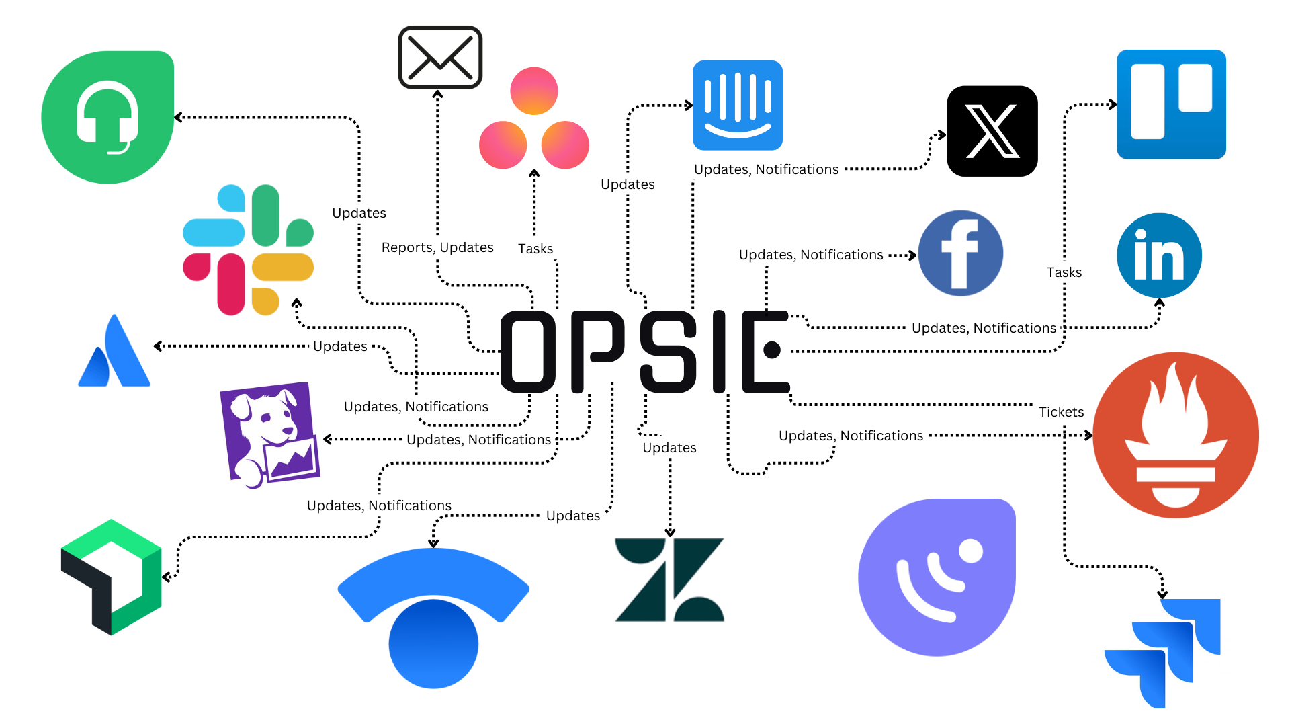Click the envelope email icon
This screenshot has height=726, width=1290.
(440, 57)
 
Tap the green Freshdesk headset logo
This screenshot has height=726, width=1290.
(107, 117)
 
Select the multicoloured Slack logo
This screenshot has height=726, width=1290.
(248, 249)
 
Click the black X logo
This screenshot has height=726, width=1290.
(992, 131)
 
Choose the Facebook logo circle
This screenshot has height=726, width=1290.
(960, 253)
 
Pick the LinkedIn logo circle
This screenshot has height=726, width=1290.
(1159, 255)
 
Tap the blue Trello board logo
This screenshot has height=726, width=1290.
(1171, 104)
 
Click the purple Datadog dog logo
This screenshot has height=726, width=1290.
(269, 434)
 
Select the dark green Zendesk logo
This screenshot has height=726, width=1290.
(669, 579)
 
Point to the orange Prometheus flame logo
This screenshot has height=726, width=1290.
(1175, 435)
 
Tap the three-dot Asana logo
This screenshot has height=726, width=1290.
(533, 120)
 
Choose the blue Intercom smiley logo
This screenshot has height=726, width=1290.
(738, 106)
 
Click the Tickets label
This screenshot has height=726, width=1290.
(1061, 412)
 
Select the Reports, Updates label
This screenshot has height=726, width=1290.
(437, 247)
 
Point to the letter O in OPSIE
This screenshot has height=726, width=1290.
(529, 351)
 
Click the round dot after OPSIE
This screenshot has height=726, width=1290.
(772, 350)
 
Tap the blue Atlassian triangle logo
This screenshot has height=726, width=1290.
(115, 353)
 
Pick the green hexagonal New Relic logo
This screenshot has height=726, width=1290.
(112, 577)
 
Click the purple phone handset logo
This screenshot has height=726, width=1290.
(937, 577)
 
